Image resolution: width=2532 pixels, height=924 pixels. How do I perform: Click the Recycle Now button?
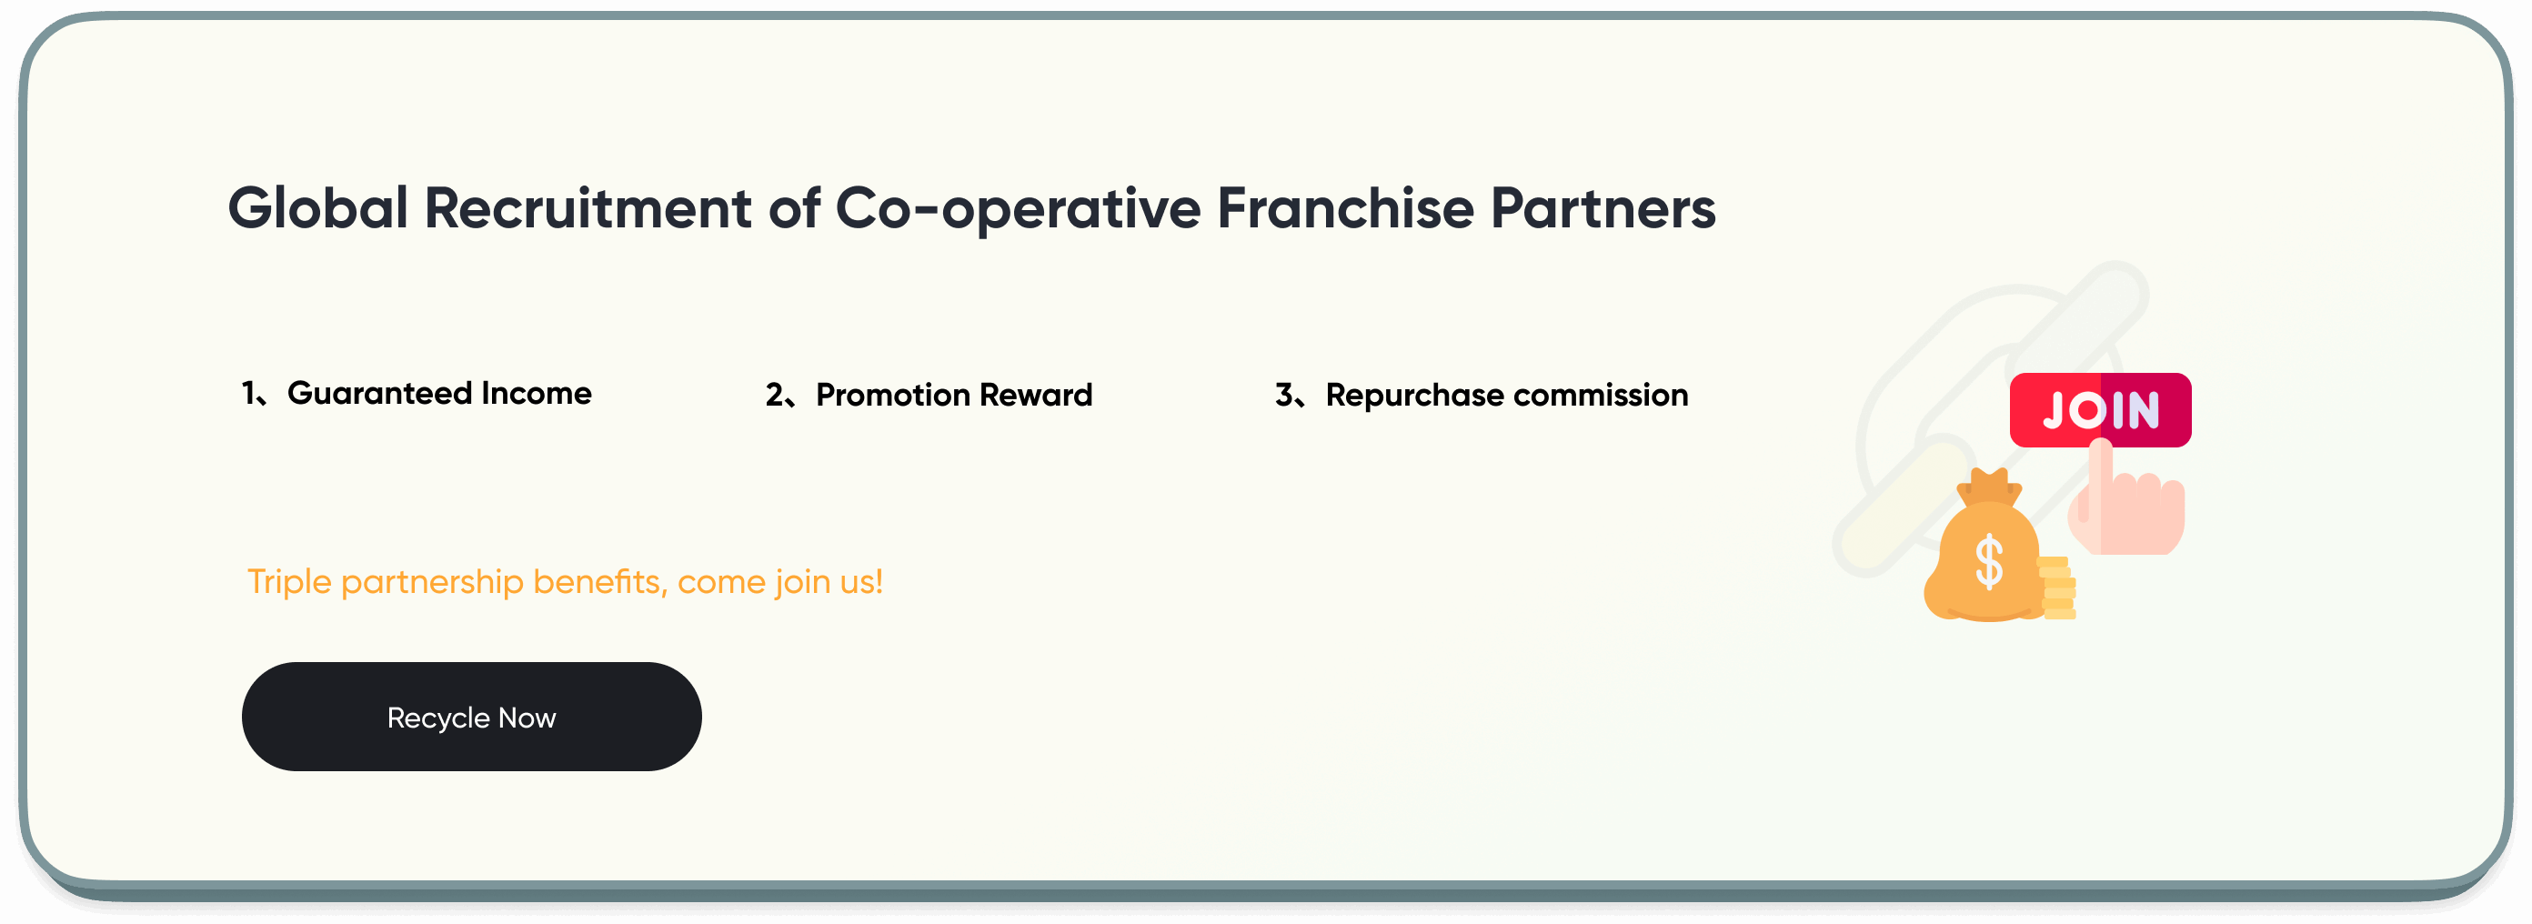click(x=472, y=717)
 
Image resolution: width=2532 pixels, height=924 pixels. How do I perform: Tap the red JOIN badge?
click(x=2101, y=410)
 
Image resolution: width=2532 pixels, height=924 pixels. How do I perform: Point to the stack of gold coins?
click(x=2058, y=588)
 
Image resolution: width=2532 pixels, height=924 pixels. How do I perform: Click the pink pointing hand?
click(x=2128, y=507)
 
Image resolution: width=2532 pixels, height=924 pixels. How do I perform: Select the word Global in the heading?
click(x=317, y=208)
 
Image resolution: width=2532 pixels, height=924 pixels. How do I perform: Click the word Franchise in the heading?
click(x=1344, y=208)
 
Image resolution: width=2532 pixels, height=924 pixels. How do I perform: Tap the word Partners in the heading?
click(x=1603, y=208)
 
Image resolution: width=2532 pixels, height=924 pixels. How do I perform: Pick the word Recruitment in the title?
click(x=588, y=208)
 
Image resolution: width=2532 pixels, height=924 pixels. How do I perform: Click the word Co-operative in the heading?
click(x=1018, y=210)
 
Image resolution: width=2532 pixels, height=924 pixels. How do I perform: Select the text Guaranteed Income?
click(x=439, y=393)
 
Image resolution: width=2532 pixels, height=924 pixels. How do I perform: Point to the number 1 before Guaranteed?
click(x=248, y=393)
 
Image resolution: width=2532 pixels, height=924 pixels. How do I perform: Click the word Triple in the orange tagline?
click(x=289, y=582)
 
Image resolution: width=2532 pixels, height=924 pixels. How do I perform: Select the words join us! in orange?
click(x=829, y=582)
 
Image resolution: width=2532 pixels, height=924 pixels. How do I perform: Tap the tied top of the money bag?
click(x=1988, y=487)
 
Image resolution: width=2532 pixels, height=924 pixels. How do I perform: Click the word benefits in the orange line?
click(x=599, y=582)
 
